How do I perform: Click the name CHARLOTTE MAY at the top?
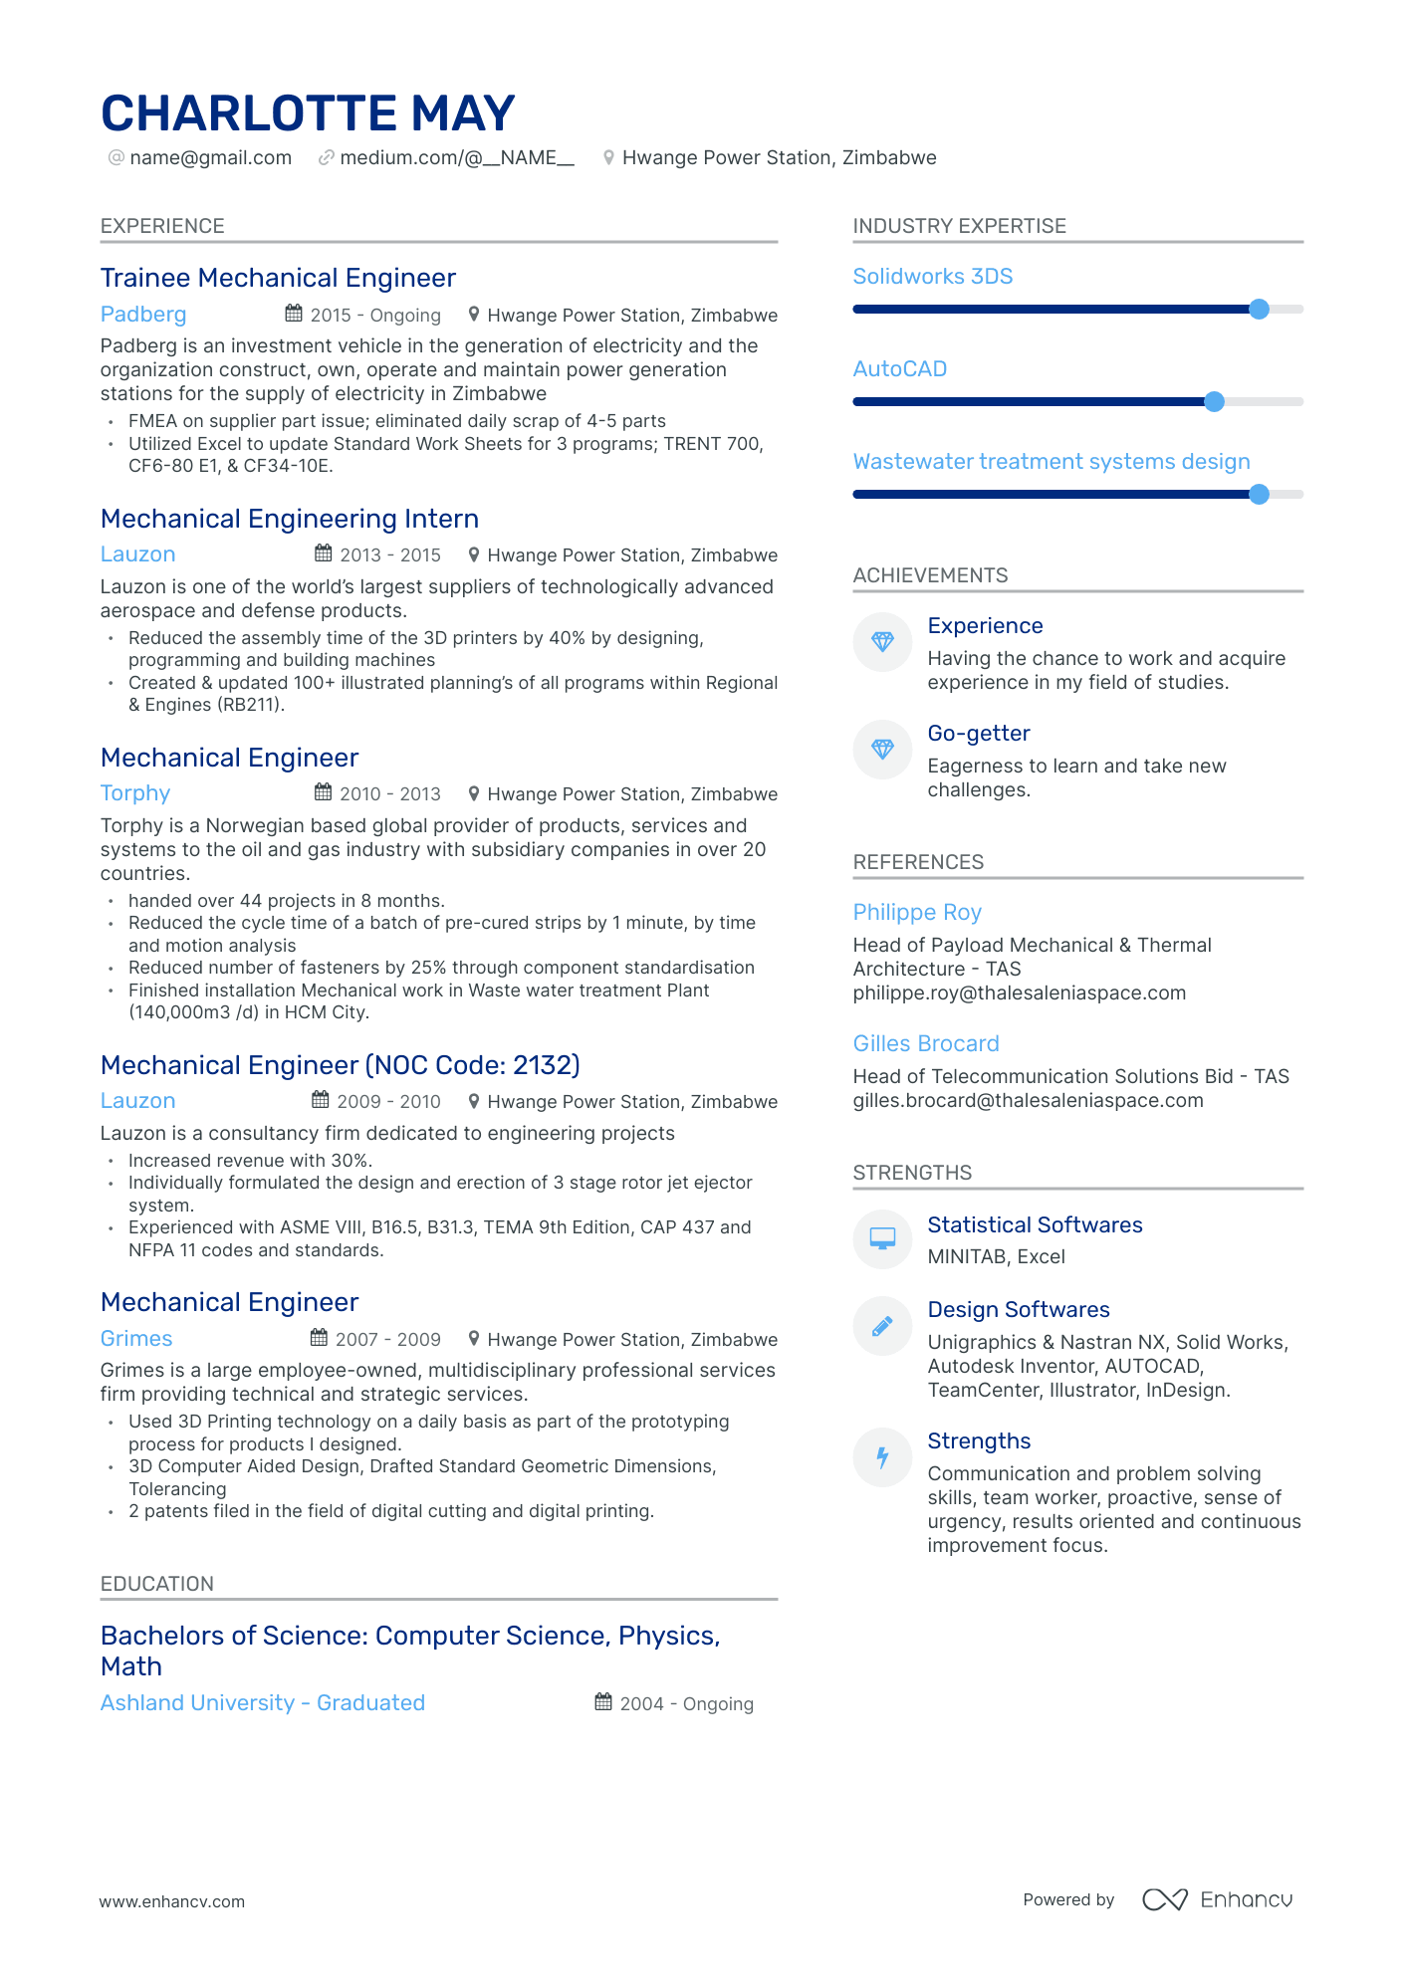[308, 113]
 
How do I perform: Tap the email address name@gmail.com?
[210, 158]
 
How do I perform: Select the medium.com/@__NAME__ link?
[457, 158]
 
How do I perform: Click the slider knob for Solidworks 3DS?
[1259, 310]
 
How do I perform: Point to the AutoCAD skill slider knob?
[1214, 402]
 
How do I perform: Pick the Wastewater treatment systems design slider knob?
[1259, 495]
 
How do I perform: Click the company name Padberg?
[143, 315]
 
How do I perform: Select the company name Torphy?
[135, 793]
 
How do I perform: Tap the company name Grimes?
[136, 1339]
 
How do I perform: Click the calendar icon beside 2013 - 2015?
[324, 553]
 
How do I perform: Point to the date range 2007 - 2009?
[387, 1340]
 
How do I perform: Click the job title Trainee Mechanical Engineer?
[278, 278]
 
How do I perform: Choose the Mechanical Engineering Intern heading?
[290, 519]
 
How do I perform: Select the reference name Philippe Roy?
[917, 913]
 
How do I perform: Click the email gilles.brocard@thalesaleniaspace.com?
[1028, 1101]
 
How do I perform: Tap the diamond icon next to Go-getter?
[882, 750]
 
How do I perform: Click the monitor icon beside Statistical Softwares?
[882, 1238]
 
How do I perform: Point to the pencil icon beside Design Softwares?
[882, 1326]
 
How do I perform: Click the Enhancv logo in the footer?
[1217, 1899]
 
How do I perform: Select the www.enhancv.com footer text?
[171, 1901]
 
